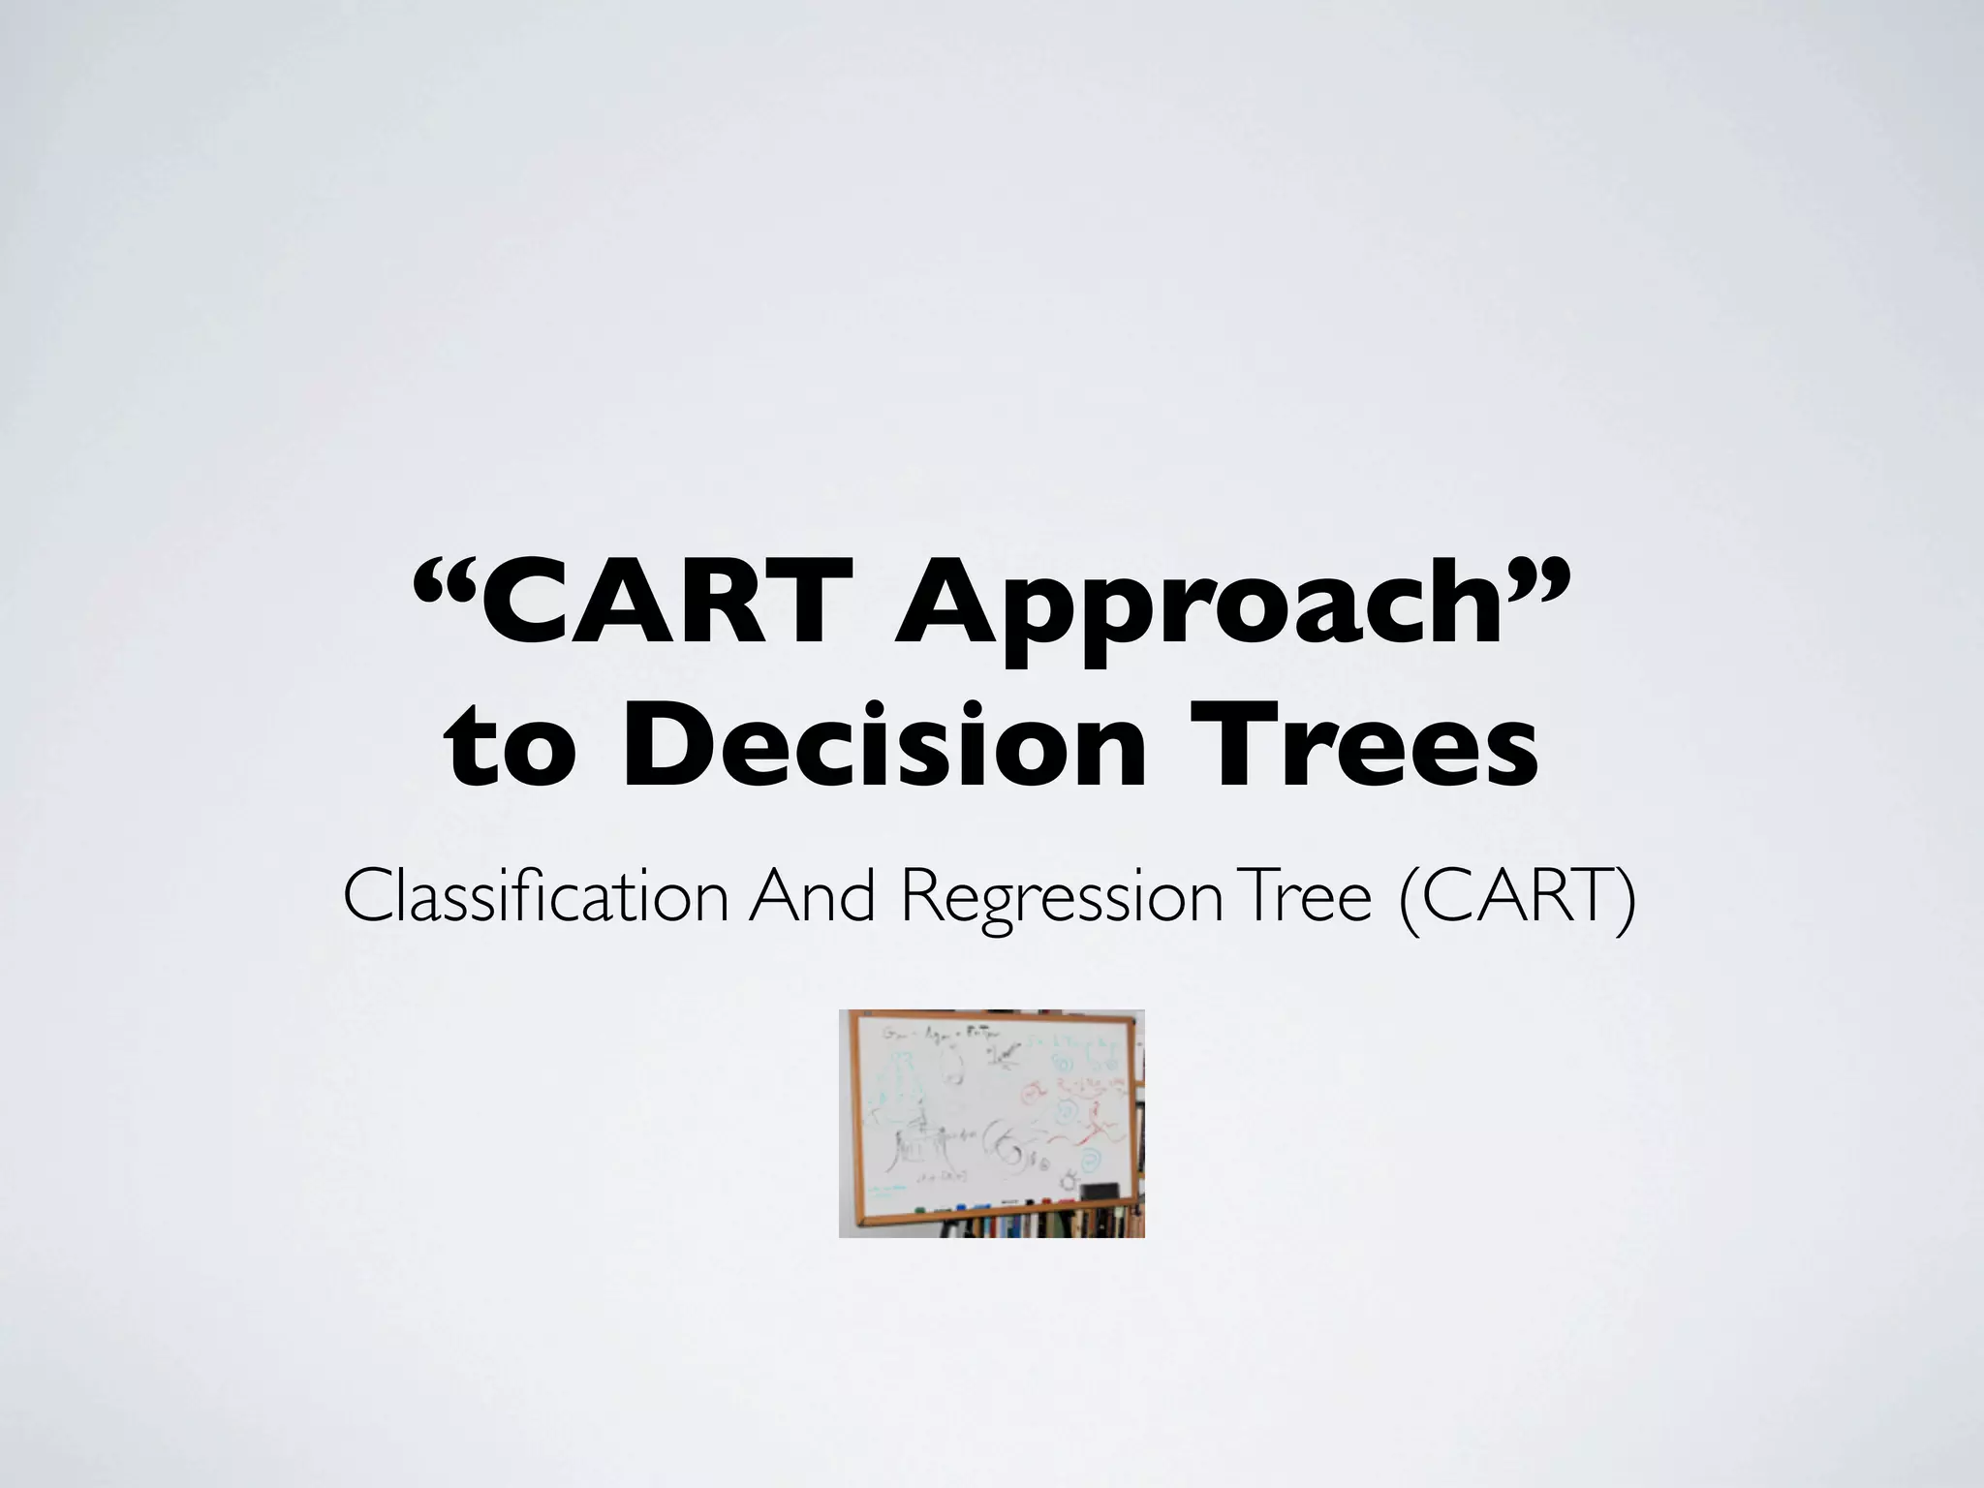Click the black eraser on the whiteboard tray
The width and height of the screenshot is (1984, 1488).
click(1097, 1192)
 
